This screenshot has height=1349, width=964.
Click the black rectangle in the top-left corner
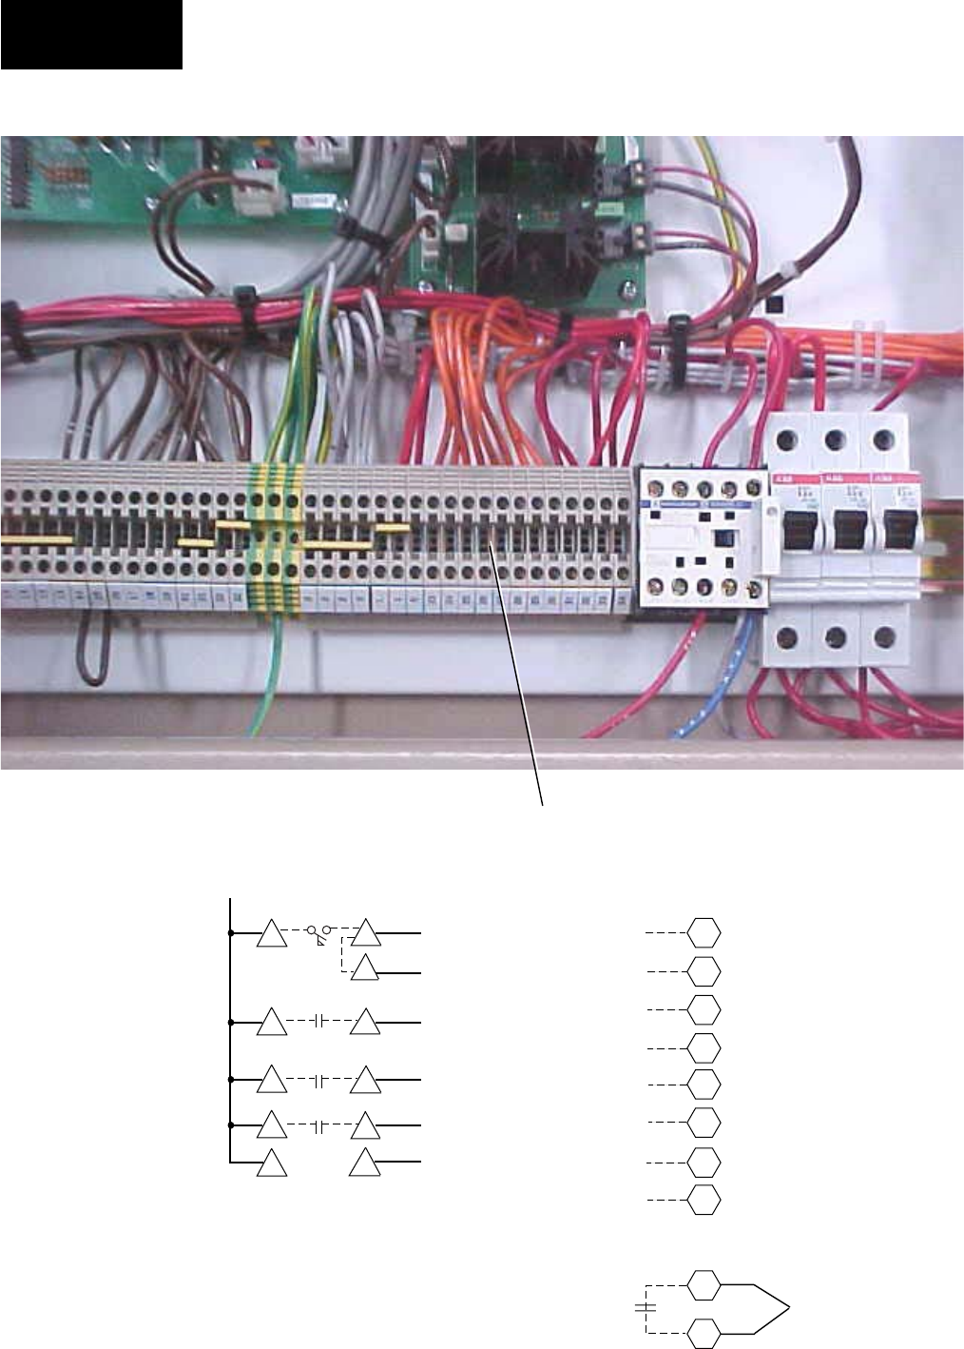(x=91, y=35)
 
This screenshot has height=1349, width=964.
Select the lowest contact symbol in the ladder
(x=320, y=1126)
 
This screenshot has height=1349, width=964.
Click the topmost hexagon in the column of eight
(x=704, y=933)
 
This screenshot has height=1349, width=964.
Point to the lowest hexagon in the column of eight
(x=704, y=1201)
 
